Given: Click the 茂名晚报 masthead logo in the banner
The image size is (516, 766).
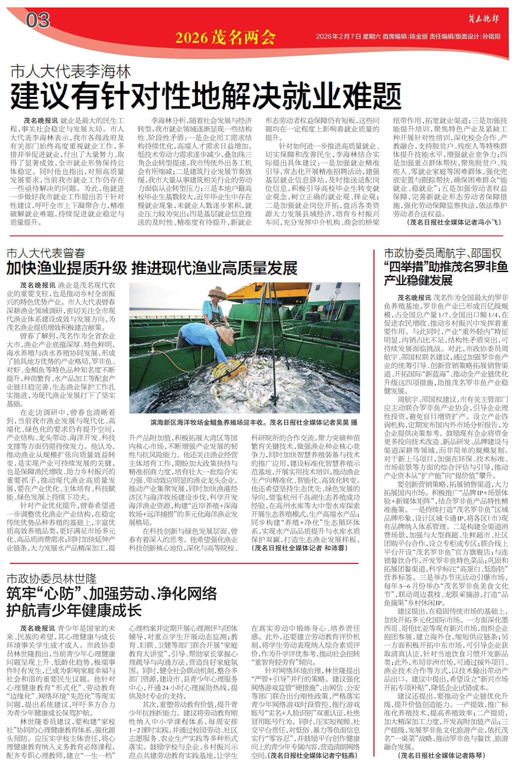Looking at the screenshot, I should [x=483, y=18].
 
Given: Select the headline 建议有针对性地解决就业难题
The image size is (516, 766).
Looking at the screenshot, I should [x=206, y=96].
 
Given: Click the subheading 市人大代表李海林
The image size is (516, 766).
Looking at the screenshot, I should [x=70, y=71].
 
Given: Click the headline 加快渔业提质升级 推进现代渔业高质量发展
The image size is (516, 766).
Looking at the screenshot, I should [x=152, y=268].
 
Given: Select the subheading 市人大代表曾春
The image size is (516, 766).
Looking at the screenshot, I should [x=46, y=253].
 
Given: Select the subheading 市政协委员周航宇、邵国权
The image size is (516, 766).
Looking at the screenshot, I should [x=443, y=253].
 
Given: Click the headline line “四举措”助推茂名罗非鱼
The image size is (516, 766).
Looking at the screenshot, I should [x=446, y=267].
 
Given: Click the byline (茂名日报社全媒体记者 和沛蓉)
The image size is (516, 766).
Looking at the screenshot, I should [x=299, y=548].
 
